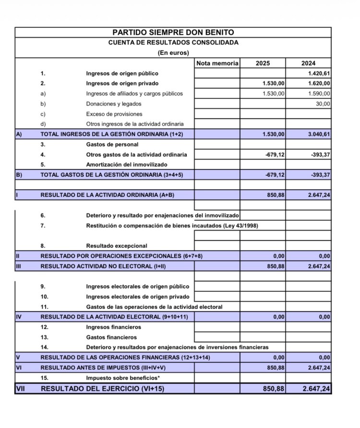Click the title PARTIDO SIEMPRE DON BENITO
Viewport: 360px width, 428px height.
pos(173,33)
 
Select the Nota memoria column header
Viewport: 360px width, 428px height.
pos(217,63)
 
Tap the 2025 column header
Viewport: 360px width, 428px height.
pos(263,63)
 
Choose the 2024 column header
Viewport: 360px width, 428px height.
pos(308,63)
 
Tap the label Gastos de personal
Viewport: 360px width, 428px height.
pos(112,144)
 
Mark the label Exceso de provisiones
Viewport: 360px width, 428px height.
pos(114,114)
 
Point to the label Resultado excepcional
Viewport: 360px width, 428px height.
pos(117,246)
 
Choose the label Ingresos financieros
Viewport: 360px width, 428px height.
pos(114,327)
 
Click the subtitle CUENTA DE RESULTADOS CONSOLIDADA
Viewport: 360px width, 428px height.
pos(173,43)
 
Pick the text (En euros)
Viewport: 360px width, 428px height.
pos(173,53)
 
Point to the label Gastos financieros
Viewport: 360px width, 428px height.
pos(111,337)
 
